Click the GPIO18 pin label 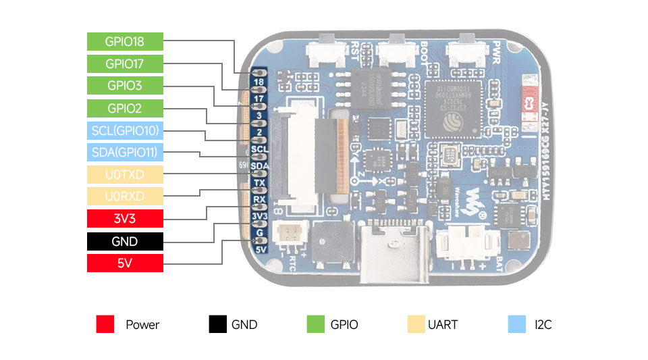tap(125, 41)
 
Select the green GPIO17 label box tap(125, 63)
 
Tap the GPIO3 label tap(125, 86)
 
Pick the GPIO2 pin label tap(125, 108)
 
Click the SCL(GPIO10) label tap(125, 130)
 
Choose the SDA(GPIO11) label tap(125, 153)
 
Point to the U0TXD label tap(125, 175)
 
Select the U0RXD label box tap(125, 197)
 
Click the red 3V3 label tap(125, 219)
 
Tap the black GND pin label tap(125, 241)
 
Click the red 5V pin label tap(125, 263)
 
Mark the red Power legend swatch tap(105, 324)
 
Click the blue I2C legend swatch tap(516, 324)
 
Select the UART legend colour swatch tap(416, 324)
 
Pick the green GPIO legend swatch tap(315, 324)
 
